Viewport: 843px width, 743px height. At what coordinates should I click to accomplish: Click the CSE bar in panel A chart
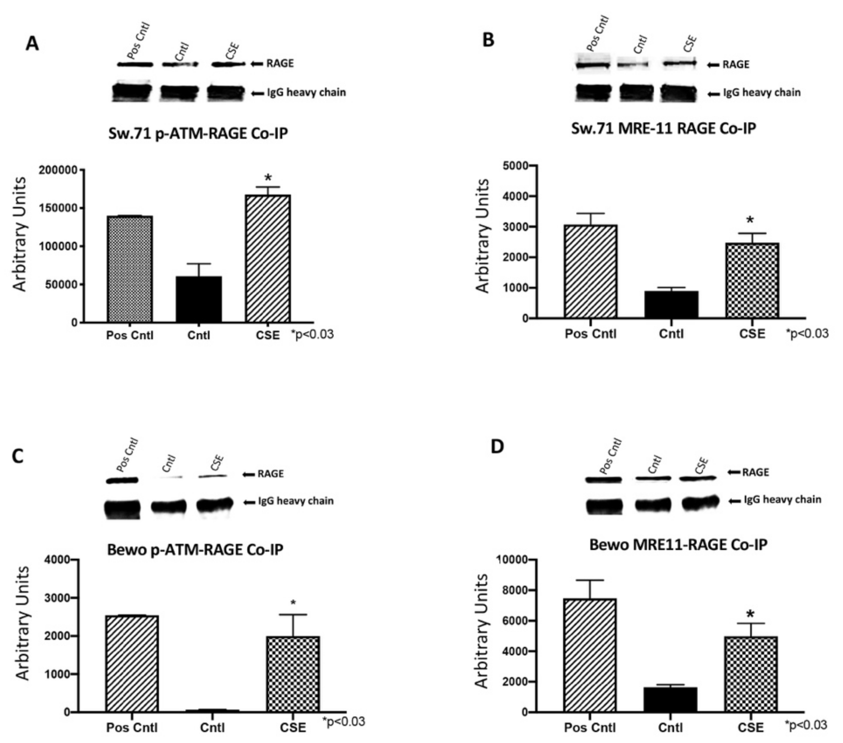268,259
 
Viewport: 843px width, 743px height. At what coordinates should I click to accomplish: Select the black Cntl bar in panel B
671,305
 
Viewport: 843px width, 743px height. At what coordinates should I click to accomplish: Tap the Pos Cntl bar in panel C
132,664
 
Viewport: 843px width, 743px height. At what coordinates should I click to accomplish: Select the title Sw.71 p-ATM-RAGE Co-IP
198,134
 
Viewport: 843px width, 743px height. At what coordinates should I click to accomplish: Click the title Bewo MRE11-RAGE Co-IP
678,545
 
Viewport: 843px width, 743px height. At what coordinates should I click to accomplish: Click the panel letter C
18,457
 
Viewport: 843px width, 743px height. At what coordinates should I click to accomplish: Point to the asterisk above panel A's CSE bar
268,178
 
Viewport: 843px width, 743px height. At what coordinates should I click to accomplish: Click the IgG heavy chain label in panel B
761,93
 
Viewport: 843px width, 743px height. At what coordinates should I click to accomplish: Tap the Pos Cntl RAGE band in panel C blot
122,480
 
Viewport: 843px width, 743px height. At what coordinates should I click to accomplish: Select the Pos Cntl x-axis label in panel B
590,333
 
